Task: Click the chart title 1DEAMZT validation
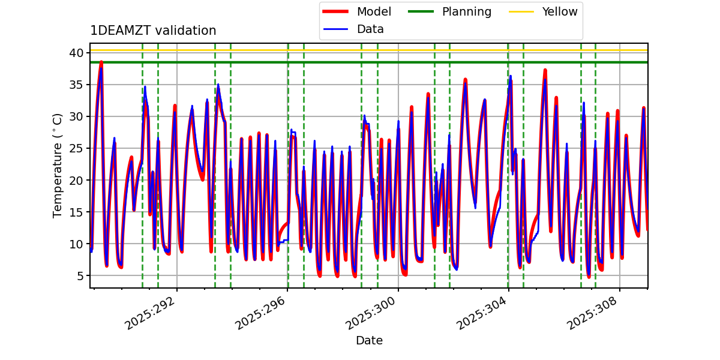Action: pyautogui.click(x=153, y=31)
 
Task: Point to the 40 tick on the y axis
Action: pyautogui.click(x=77, y=53)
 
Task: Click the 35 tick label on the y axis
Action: pyautogui.click(x=77, y=85)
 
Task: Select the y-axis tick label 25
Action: pyautogui.click(x=77, y=148)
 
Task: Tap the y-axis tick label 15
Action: pyautogui.click(x=77, y=212)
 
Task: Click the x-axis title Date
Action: pyautogui.click(x=369, y=341)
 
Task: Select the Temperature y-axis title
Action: pyautogui.click(x=58, y=165)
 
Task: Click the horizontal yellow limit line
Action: pyautogui.click(x=360, y=50)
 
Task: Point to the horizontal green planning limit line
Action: pyautogui.click(x=360, y=62)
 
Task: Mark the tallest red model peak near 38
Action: pyautogui.click(x=101, y=62)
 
